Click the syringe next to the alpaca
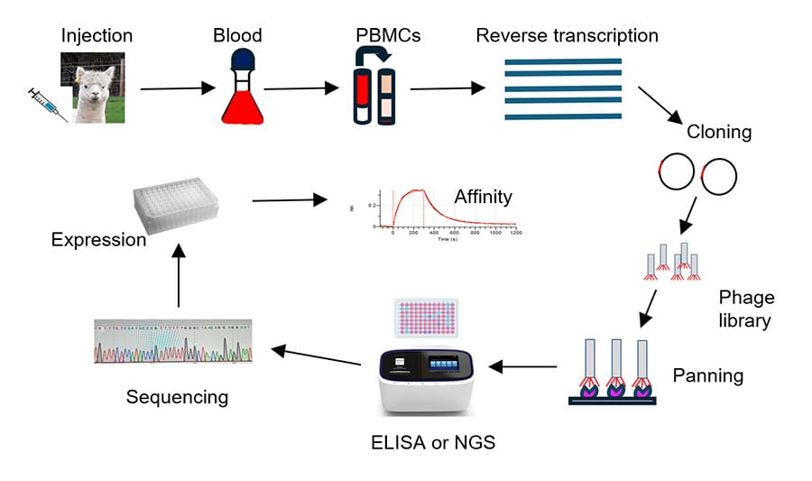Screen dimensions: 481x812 [x=47, y=105]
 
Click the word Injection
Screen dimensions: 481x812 [x=97, y=36]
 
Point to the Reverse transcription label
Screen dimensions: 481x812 [x=567, y=36]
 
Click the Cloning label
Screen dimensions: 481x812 [x=719, y=132]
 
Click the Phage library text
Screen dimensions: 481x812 [x=746, y=309]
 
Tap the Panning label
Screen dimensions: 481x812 [x=708, y=375]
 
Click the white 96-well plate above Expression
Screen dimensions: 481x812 [x=177, y=204]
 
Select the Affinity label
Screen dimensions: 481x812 [x=483, y=196]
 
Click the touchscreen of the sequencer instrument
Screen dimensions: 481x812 [x=448, y=365]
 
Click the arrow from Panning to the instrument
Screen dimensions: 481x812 [x=522, y=366]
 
